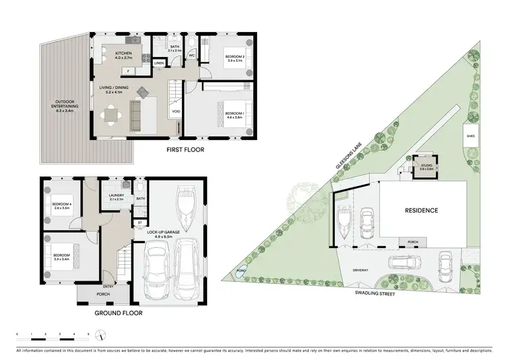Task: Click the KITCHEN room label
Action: [x=123, y=54]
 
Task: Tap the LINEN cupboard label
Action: [x=159, y=63]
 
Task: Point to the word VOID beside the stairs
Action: [x=176, y=111]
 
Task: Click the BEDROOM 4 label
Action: [x=62, y=204]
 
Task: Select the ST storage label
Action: [x=139, y=222]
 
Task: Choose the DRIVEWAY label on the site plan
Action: [x=360, y=270]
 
